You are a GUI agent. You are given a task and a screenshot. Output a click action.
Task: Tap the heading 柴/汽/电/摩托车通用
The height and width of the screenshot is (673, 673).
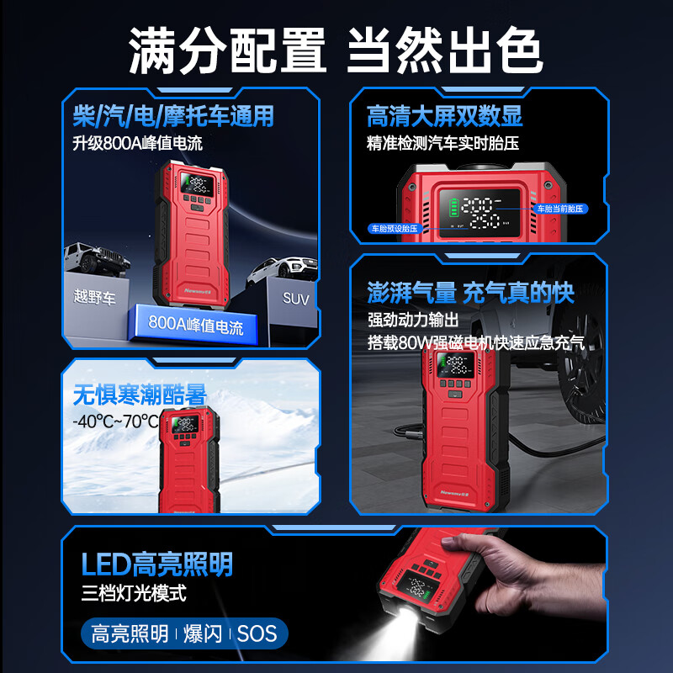point(173,115)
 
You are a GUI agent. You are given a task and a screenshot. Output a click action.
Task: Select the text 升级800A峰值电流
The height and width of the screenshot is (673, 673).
point(137,143)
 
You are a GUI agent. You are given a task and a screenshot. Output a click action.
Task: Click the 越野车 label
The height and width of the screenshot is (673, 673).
point(94,298)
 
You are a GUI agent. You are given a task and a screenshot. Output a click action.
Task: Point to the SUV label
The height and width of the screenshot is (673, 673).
point(295,298)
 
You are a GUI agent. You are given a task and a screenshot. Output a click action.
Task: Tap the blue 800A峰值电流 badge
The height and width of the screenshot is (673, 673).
point(195,325)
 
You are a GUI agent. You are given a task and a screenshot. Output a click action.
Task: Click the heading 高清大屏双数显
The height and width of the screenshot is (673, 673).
point(444,115)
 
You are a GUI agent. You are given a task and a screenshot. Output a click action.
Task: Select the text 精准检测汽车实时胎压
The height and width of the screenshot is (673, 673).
point(442,143)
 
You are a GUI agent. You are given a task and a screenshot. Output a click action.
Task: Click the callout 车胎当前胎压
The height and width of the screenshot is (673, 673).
point(561,207)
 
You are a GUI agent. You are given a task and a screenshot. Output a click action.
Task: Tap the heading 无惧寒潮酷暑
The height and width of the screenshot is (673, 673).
point(140,395)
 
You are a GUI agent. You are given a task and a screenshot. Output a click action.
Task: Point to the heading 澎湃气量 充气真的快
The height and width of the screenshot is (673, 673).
point(470,293)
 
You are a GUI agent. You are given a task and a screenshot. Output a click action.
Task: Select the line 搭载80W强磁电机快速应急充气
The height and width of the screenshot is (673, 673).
point(475,343)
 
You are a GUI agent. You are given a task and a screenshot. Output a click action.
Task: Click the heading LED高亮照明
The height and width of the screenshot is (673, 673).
point(156,564)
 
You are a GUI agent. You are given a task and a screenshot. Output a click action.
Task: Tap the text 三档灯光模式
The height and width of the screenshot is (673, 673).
point(133,593)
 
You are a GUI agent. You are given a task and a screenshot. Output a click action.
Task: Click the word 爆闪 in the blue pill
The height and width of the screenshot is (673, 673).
point(203,633)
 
